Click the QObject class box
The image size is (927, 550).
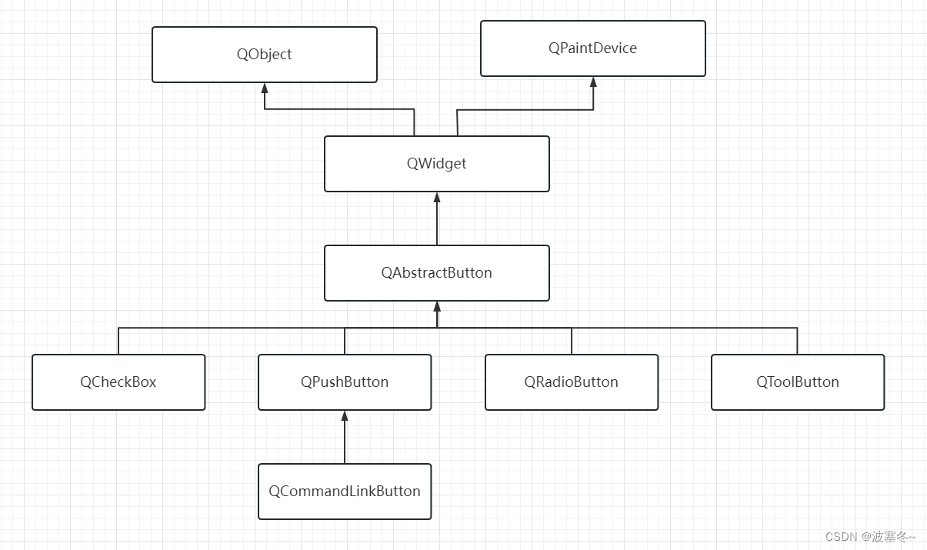pyautogui.click(x=265, y=55)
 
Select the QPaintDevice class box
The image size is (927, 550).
pyautogui.click(x=592, y=48)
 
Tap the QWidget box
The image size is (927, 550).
pyautogui.click(x=436, y=164)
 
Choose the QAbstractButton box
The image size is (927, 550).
pyautogui.click(x=436, y=273)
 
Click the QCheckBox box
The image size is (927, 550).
pyautogui.click(x=118, y=382)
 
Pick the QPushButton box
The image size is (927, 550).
pyautogui.click(x=345, y=382)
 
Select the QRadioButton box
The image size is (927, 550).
pyautogui.click(x=572, y=382)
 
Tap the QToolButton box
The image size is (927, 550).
pyautogui.click(x=798, y=382)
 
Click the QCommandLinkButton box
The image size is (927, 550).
pyautogui.click(x=345, y=492)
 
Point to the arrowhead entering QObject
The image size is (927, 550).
pyautogui.click(x=265, y=88)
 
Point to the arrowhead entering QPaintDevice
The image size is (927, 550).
pyautogui.click(x=593, y=82)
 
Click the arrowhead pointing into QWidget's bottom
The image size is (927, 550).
pyautogui.click(x=437, y=197)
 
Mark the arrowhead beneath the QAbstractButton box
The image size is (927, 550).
pyautogui.click(x=437, y=306)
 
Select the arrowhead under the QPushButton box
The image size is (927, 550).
pyautogui.click(x=345, y=415)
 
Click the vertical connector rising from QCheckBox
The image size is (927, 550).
pyautogui.click(x=118, y=341)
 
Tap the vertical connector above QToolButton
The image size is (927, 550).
pyautogui.click(x=797, y=341)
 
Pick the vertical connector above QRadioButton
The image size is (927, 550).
pyautogui.click(x=572, y=341)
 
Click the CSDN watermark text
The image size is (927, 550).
pyautogui.click(x=870, y=537)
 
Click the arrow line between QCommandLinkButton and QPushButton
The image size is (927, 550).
pyautogui.click(x=345, y=442)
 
